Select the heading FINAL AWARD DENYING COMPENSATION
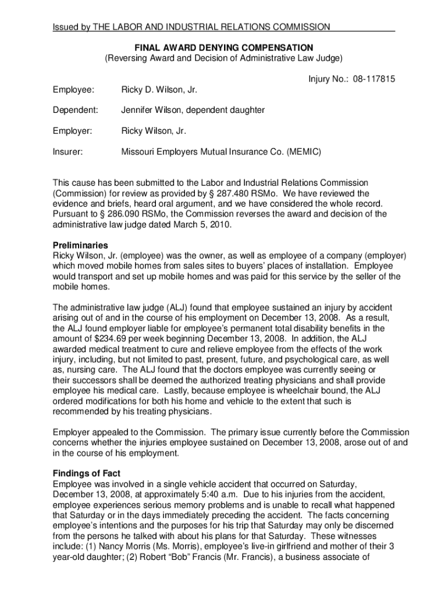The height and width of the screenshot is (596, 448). [x=224, y=47]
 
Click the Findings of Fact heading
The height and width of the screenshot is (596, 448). [x=86, y=473]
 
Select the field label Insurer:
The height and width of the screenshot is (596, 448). [x=67, y=152]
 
